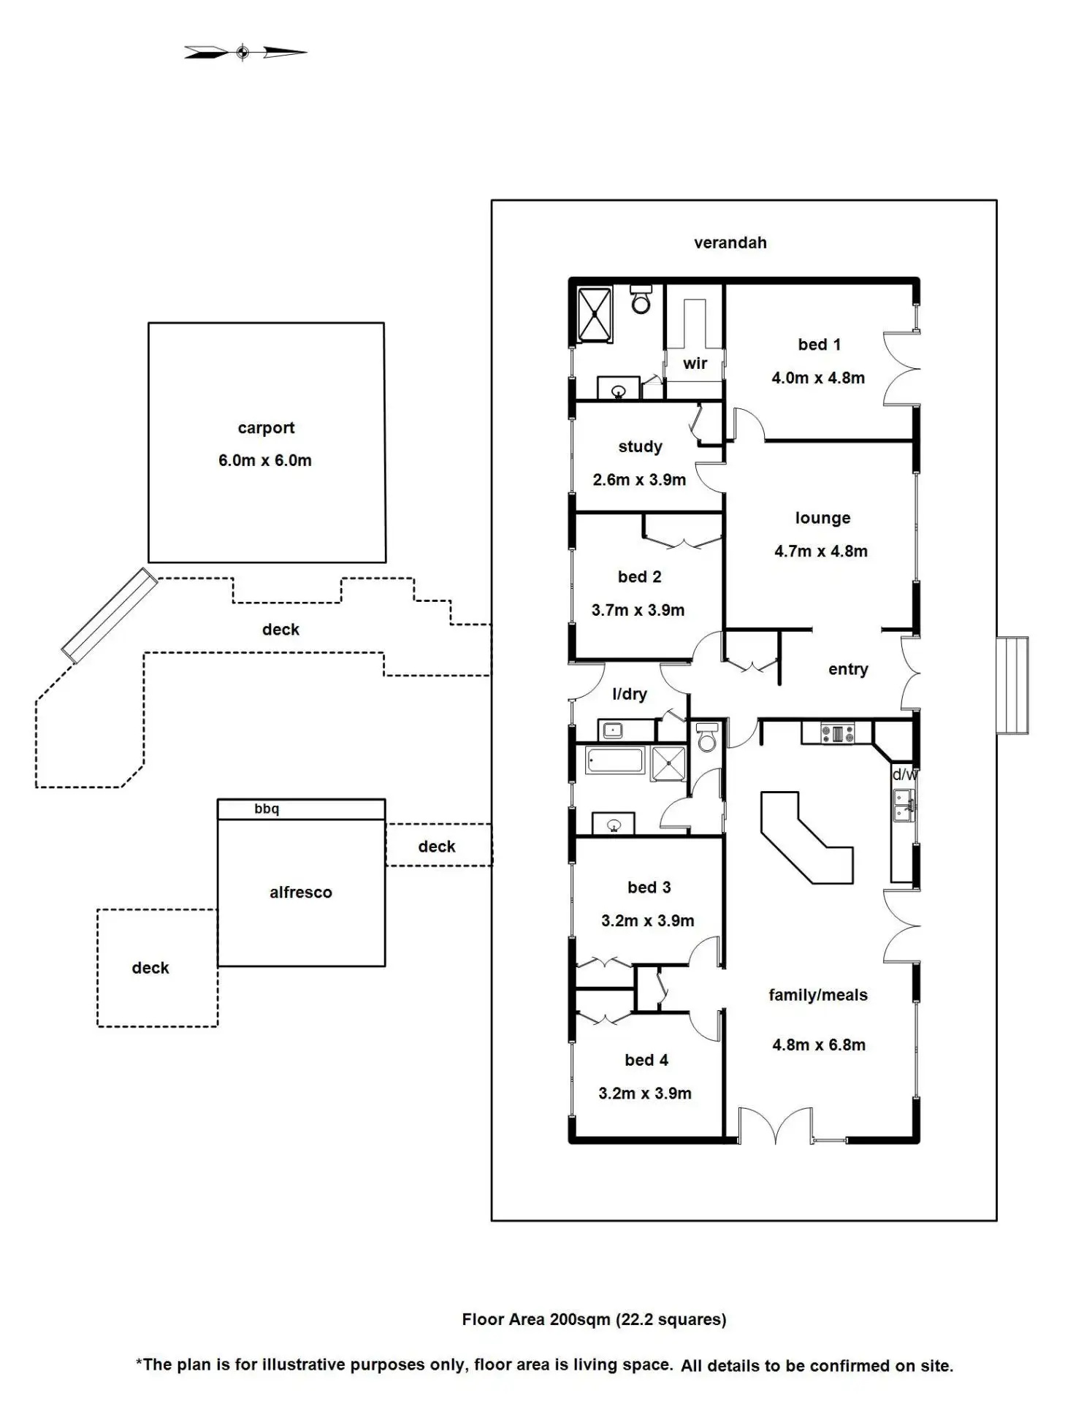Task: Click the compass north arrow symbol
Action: click(245, 52)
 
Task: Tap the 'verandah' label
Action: click(730, 243)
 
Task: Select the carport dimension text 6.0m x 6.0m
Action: click(265, 460)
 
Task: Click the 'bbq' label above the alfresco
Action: click(267, 809)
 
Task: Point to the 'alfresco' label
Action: click(300, 892)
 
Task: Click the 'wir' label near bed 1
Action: click(695, 363)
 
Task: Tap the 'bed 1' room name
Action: click(819, 344)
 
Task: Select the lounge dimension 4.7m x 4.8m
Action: click(821, 551)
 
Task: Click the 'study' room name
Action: click(640, 446)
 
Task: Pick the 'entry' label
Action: click(848, 669)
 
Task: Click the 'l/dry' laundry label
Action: click(630, 694)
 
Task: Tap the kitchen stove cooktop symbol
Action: click(837, 733)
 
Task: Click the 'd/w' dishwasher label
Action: click(904, 774)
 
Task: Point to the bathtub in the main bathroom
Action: click(615, 760)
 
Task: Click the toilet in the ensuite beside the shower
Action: click(641, 299)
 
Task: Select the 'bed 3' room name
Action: click(649, 887)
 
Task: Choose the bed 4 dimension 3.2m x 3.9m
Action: click(645, 1093)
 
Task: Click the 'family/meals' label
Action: click(818, 995)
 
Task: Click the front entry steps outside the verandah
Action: click(1013, 685)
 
